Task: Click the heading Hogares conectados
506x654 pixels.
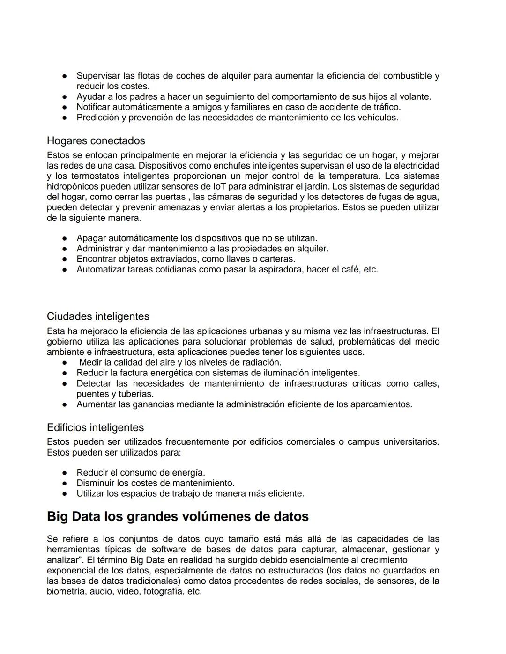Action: tap(96, 141)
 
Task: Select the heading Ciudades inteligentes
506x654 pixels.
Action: tap(98, 316)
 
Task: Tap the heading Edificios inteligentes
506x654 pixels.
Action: tap(95, 427)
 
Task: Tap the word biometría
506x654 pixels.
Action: tap(67, 591)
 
